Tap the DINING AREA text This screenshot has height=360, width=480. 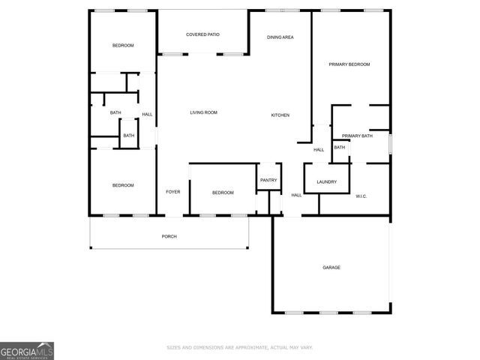[x=280, y=37]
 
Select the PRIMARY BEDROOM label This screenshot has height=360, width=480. [x=349, y=64]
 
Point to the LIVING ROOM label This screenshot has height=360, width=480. [x=203, y=112]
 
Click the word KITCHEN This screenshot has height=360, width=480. [x=280, y=115]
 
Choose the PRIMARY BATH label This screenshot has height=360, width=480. [x=357, y=136]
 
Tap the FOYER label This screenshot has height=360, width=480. [x=172, y=192]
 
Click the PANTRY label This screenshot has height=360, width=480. [x=268, y=180]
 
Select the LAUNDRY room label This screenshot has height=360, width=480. [x=326, y=181]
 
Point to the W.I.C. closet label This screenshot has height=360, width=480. [x=361, y=196]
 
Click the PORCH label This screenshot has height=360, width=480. [x=169, y=237]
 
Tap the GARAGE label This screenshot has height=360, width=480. [x=331, y=268]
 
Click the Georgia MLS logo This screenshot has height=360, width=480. [x=27, y=350]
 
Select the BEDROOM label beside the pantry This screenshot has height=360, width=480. [x=223, y=193]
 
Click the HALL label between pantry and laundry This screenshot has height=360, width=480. [x=296, y=195]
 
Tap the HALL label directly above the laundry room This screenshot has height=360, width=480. [x=319, y=150]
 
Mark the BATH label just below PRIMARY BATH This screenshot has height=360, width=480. [x=340, y=147]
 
